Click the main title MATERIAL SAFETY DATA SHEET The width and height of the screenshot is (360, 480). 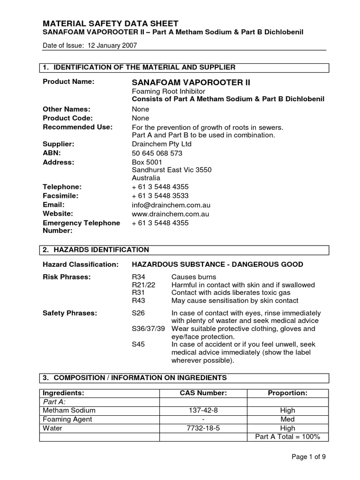click(110, 23)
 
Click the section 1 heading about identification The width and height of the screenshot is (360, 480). click(139, 67)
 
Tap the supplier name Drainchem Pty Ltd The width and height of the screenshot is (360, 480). click(162, 144)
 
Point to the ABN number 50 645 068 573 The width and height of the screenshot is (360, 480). click(157, 153)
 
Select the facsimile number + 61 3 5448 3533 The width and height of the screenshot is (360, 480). click(160, 195)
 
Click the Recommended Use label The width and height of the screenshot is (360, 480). click(77, 127)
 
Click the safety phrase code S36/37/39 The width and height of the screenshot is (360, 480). click(148, 329)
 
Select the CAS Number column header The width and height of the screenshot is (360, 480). click(203, 393)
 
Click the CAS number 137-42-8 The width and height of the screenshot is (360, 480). click(203, 410)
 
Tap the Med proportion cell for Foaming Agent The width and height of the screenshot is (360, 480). click(287, 419)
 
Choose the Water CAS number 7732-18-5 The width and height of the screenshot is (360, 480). click(203, 428)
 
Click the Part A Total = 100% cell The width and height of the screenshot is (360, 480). click(287, 437)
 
